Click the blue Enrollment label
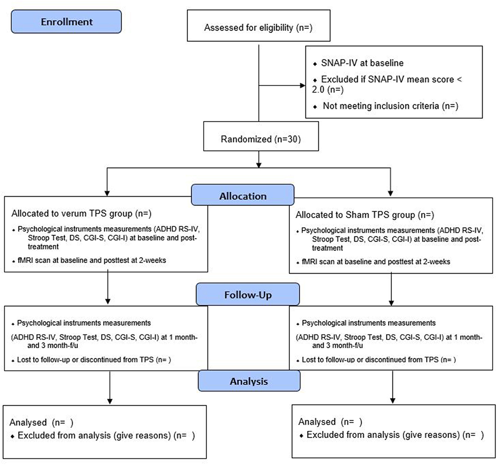point(66,21)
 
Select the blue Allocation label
point(243,195)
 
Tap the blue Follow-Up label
point(248,294)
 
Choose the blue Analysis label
point(249,381)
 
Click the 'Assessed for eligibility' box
point(258,26)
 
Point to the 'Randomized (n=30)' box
point(261,136)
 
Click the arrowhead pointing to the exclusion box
point(303,86)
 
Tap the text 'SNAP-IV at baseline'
point(362,63)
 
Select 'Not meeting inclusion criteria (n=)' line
point(390,106)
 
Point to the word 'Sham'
point(357,215)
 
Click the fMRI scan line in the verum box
point(92,260)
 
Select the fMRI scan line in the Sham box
point(376,262)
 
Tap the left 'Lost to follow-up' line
point(94,360)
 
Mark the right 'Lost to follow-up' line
point(379,360)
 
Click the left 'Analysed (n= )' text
point(41,423)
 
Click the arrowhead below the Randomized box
point(259,165)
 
